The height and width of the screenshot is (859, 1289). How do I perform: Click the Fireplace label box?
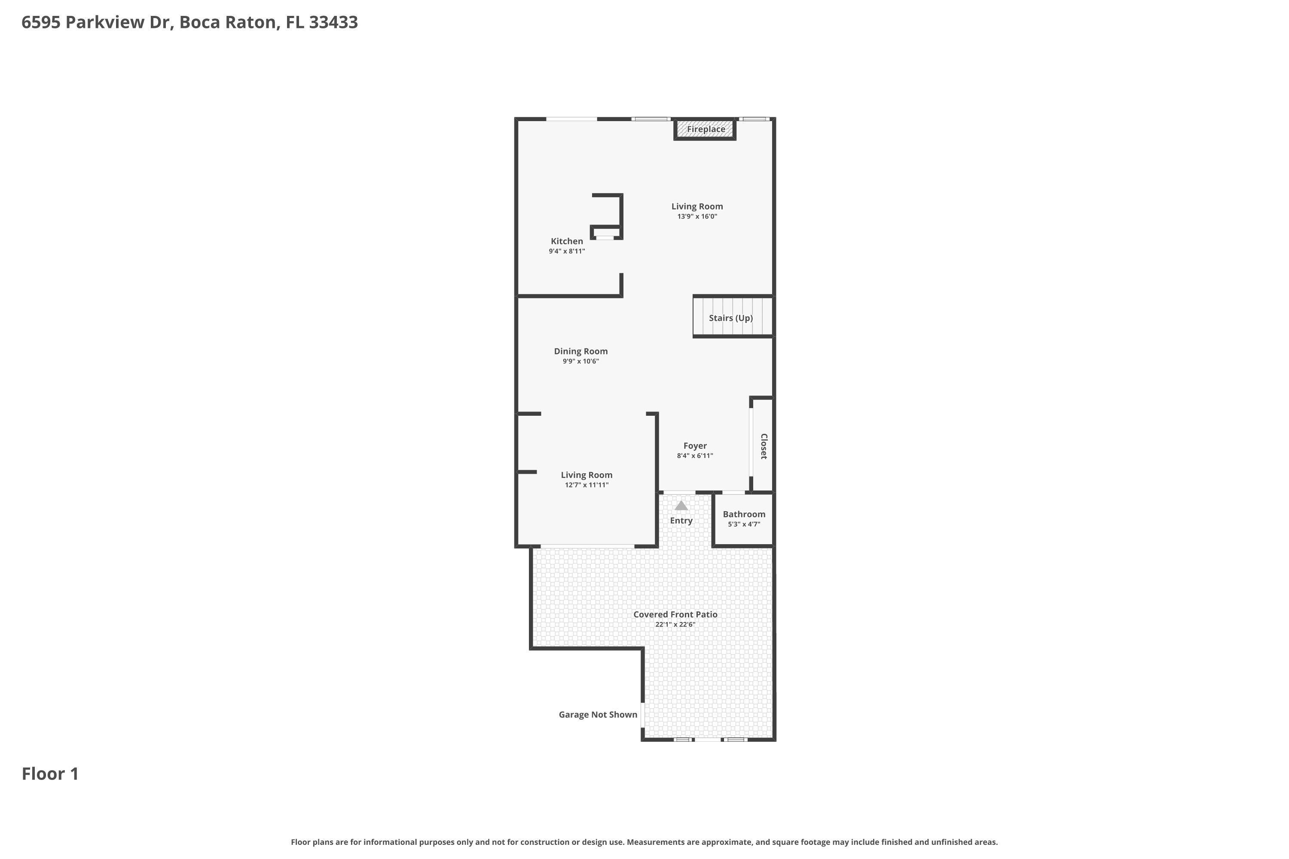706,130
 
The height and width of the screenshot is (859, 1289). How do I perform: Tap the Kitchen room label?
567,241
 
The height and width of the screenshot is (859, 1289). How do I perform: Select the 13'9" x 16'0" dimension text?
697,216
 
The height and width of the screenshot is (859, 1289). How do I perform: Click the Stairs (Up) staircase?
733,317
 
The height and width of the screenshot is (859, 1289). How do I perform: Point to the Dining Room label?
580,351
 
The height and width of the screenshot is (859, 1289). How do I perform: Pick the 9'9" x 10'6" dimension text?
580,362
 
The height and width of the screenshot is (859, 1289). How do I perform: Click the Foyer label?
695,446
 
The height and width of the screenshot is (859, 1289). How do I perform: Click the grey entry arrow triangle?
681,506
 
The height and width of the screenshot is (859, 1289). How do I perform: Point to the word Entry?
681,521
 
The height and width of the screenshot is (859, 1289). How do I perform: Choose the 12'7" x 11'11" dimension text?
586,485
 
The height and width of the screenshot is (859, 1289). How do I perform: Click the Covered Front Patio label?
675,615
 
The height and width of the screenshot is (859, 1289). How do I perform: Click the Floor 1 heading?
50,774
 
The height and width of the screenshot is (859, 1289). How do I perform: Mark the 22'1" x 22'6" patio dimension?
675,624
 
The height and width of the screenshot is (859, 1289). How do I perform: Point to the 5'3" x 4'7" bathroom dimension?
744,524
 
